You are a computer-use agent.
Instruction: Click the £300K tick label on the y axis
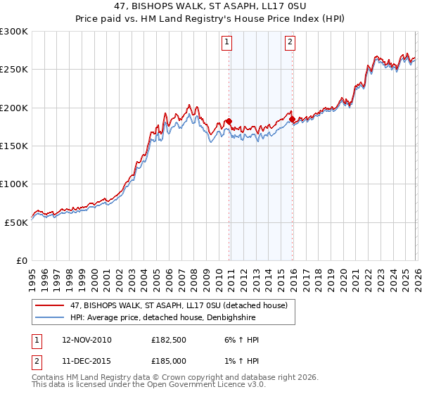14,32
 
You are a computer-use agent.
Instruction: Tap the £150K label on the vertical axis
14,146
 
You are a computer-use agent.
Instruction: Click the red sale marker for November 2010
229,121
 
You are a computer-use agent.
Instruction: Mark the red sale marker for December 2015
292,120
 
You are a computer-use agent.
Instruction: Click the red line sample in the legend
51,305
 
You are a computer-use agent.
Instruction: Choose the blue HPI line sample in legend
51,317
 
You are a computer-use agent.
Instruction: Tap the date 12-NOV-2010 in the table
87,340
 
